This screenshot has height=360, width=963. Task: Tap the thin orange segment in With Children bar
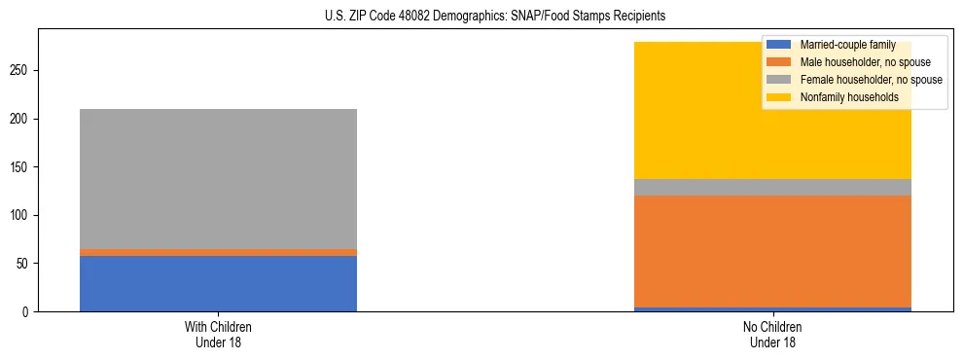coord(218,252)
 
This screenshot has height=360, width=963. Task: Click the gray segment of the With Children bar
coord(218,179)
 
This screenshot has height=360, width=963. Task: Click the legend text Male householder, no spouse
coord(858,62)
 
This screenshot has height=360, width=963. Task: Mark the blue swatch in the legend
coord(779,45)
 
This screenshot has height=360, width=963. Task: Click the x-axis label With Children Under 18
coord(218,335)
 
